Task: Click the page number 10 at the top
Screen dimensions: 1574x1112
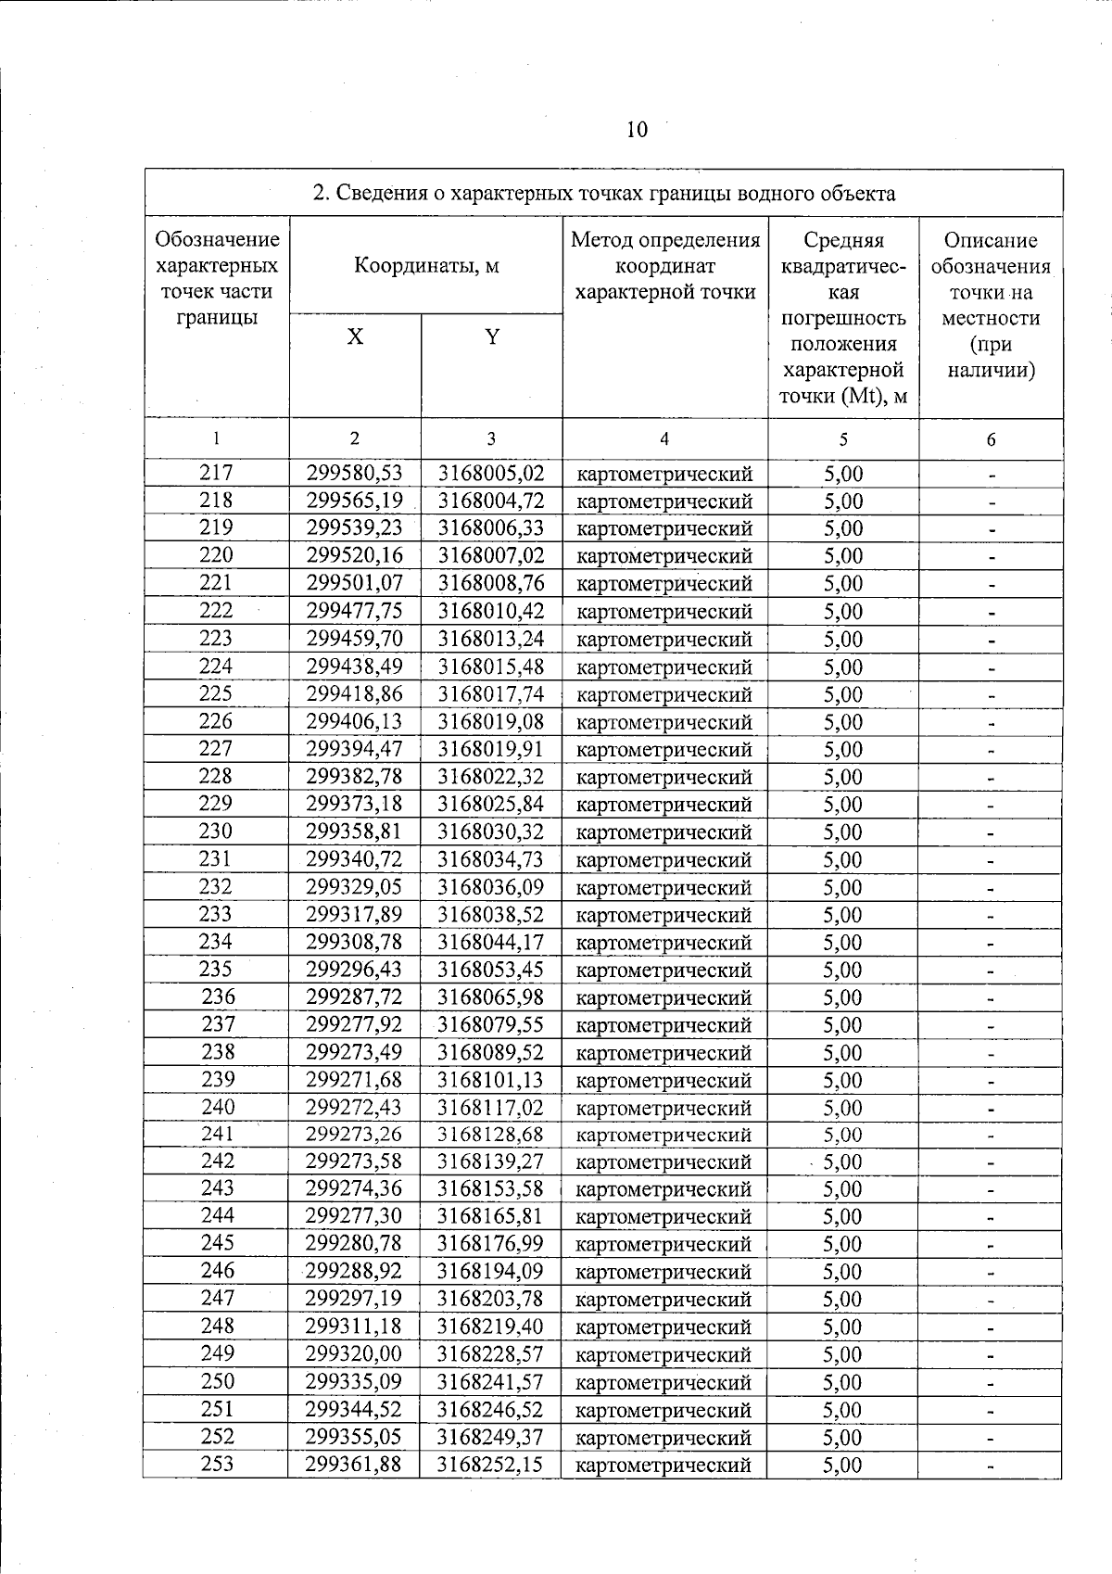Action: (x=637, y=130)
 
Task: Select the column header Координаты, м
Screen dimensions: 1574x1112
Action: (x=426, y=266)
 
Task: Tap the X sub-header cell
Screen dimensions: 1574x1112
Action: (x=355, y=337)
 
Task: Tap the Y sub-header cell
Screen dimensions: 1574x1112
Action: (x=492, y=337)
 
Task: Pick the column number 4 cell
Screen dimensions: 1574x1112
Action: (x=664, y=439)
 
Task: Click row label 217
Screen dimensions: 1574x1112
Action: (x=216, y=474)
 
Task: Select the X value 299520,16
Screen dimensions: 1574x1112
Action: (x=355, y=556)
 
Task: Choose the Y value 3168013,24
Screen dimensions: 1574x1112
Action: (x=491, y=639)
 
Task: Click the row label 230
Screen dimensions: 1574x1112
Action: (x=216, y=831)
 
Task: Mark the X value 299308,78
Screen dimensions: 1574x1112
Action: (x=355, y=943)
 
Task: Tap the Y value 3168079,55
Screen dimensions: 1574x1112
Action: (x=491, y=1025)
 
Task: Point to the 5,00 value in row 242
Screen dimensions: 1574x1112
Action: (x=842, y=1162)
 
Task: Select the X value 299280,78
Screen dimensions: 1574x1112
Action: (x=355, y=1244)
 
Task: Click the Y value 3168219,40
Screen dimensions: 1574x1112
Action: (x=491, y=1326)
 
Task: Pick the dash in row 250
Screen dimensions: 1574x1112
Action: (x=991, y=1383)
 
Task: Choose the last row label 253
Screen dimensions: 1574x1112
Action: (x=217, y=1464)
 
